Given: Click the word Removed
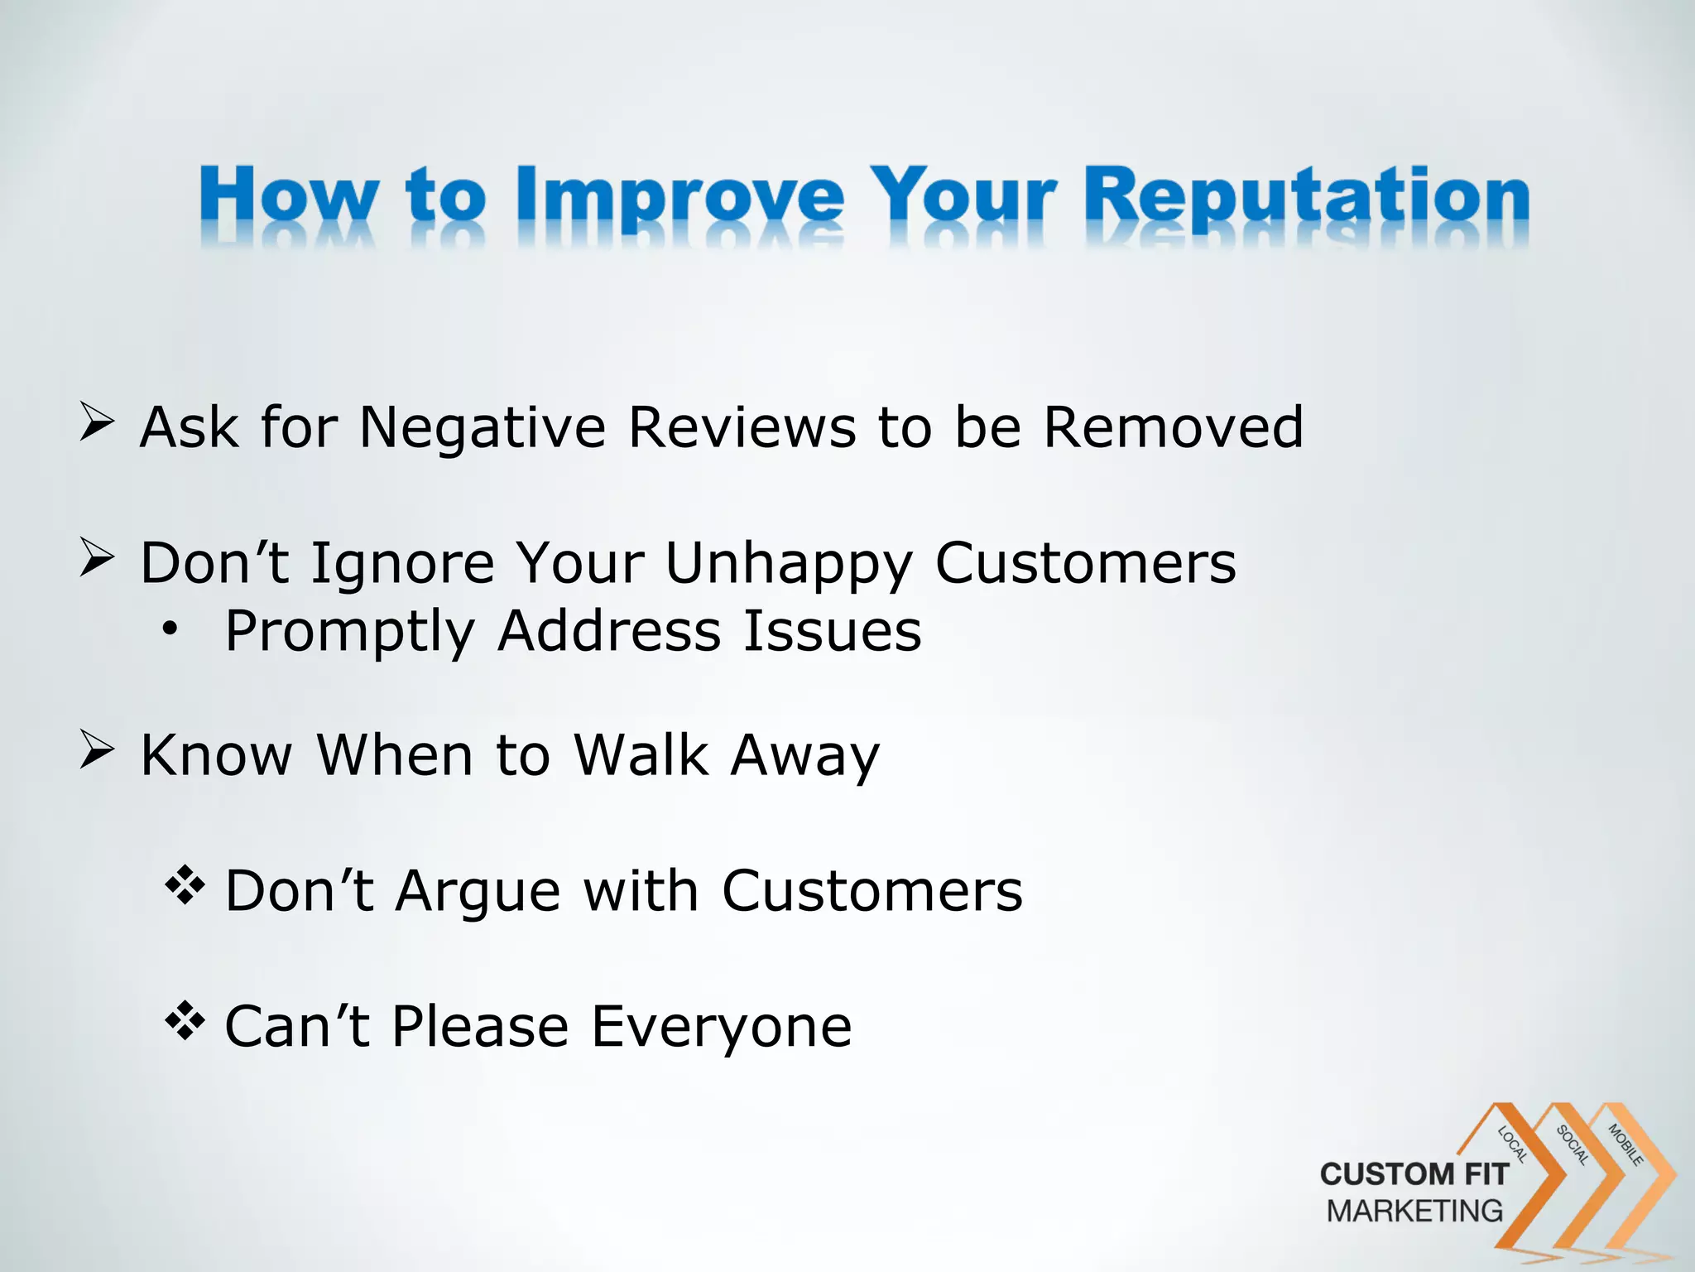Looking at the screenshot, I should coord(1173,428).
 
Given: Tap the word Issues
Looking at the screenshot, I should coord(832,632).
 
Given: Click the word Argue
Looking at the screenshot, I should coord(478,893).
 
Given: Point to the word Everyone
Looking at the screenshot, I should coord(721,1028).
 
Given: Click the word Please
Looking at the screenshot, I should coord(481,1028).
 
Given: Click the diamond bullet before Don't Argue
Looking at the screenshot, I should coord(185,885).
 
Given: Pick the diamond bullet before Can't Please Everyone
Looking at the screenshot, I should coord(185,1020).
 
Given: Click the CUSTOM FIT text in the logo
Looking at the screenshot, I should coord(1414,1174).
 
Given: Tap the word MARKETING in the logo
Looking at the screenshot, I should coord(1414,1211).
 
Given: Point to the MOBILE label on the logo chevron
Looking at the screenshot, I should coord(1625,1144).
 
